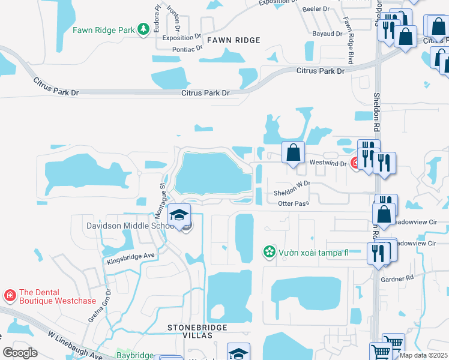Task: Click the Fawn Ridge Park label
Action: click(x=103, y=29)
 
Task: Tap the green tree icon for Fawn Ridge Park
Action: click(x=143, y=29)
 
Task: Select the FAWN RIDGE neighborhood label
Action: click(x=234, y=40)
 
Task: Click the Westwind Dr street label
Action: click(x=327, y=163)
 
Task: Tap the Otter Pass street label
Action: click(x=294, y=204)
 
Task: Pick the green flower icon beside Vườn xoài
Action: click(x=270, y=252)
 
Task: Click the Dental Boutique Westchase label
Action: click(x=48, y=297)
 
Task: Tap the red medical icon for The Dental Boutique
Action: click(x=10, y=296)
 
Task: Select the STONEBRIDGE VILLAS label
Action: click(x=190, y=331)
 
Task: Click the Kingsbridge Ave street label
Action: click(x=131, y=259)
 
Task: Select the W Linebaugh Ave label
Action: click(x=75, y=346)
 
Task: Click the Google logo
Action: click(x=20, y=352)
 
